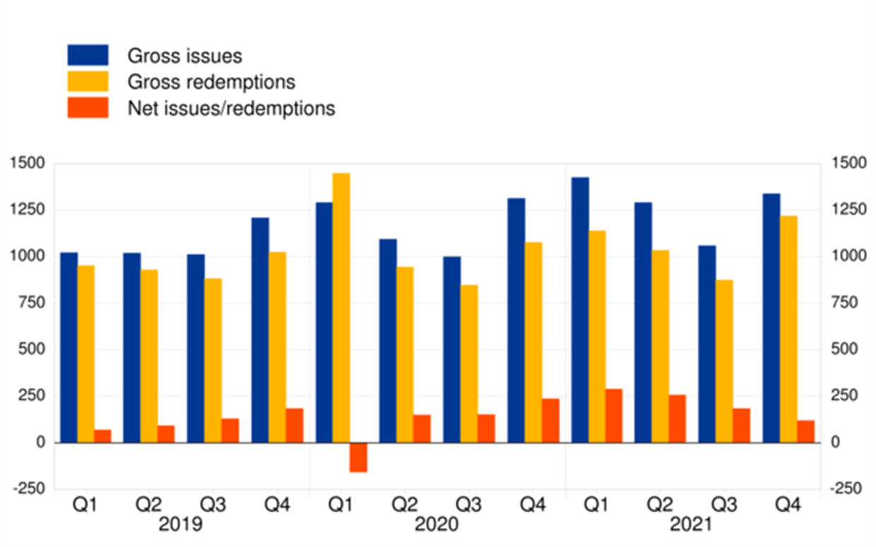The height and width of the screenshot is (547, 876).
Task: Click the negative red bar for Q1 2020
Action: (x=358, y=457)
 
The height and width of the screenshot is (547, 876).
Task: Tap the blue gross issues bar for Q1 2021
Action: (x=580, y=310)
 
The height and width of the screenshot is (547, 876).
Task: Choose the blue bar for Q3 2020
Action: (x=451, y=350)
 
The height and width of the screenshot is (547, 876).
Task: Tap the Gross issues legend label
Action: (x=184, y=56)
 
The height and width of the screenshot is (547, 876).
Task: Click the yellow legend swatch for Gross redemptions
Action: (x=88, y=81)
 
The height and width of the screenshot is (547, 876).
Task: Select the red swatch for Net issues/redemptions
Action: (x=88, y=108)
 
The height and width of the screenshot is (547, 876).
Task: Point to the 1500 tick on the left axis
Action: (x=28, y=163)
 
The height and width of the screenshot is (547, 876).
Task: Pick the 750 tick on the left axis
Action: (x=32, y=302)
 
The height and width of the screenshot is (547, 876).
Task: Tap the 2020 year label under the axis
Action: (x=437, y=525)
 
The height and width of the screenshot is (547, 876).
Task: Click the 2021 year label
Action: (x=692, y=525)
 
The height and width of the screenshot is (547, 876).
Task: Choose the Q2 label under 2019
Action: (x=148, y=505)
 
